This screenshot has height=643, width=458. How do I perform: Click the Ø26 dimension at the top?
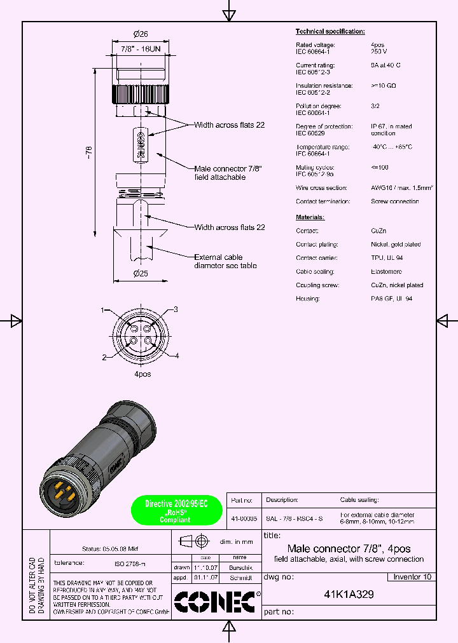tap(140, 34)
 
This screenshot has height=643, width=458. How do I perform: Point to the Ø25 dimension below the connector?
tap(140, 274)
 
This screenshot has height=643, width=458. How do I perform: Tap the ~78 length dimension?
tap(90, 152)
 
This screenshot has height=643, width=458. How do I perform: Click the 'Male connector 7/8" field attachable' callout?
tap(228, 173)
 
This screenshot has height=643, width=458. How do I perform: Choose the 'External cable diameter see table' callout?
tap(225, 261)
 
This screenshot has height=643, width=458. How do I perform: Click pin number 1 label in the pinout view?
tap(102, 310)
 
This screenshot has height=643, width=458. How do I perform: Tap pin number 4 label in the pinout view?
tap(176, 355)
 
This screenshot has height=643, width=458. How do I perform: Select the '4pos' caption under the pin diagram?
tap(142, 374)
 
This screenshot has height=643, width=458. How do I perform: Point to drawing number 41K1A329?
tap(349, 595)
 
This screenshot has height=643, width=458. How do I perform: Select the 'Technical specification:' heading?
tap(330, 31)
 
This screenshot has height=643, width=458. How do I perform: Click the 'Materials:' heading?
tap(310, 217)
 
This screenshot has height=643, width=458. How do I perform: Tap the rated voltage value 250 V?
tap(380, 51)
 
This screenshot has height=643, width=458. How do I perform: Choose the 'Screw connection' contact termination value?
tap(394, 201)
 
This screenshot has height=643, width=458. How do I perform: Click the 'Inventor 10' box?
tap(412, 577)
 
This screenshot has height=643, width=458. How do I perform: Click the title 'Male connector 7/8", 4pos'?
tap(349, 549)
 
